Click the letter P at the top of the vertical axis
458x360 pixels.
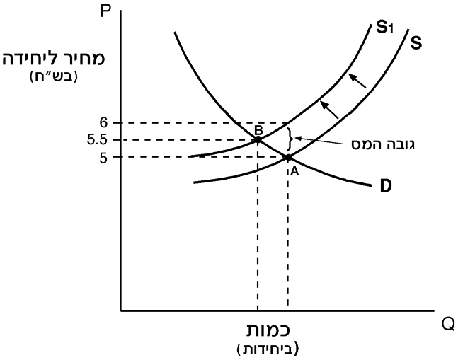pos(105,11)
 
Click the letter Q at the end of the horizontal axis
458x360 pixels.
pos(448,325)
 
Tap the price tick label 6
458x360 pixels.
pos(103,123)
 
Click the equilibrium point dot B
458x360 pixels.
pos(258,140)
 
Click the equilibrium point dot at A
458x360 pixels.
pos(288,158)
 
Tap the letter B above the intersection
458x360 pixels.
pos(258,129)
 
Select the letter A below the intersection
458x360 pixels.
pos(294,172)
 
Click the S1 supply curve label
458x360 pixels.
pos(384,28)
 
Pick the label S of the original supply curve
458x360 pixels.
pos(416,43)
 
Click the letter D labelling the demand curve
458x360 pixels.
pos(386,186)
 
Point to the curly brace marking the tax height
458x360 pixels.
pos(290,139)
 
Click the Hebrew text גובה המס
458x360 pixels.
pos(383,144)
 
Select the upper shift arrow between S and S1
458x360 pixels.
pos(357,81)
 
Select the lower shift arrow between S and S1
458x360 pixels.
pos(329,110)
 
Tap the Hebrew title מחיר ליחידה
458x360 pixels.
pos(54,58)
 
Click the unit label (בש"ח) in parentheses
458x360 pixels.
pos(54,76)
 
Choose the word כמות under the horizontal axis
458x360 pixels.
pos(268,330)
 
